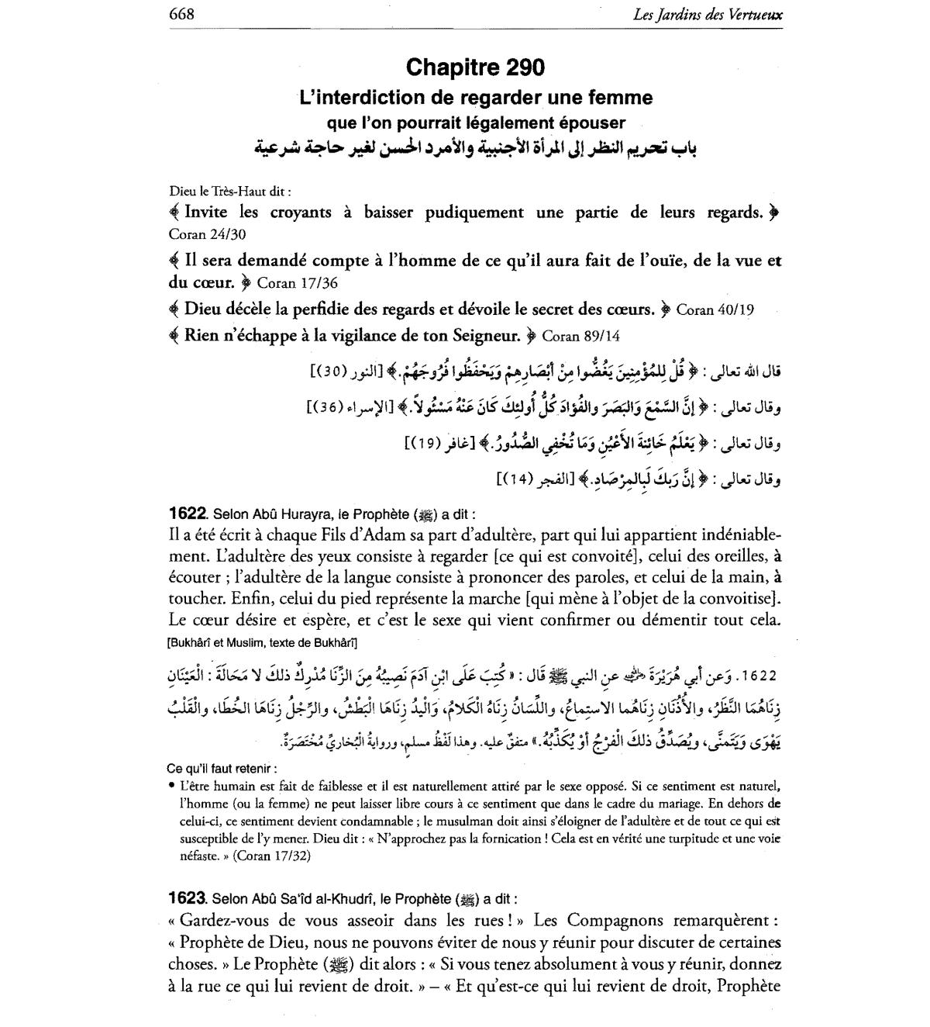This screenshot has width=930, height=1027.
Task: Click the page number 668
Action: click(181, 14)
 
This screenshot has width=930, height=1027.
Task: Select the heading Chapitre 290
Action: click(475, 67)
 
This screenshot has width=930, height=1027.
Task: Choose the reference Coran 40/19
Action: click(715, 309)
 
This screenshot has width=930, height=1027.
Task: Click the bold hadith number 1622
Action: click(187, 513)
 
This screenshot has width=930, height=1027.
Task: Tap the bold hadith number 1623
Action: click(187, 898)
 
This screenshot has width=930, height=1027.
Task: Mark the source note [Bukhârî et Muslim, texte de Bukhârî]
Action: click(261, 642)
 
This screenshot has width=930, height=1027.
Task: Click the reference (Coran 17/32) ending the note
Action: click(264, 856)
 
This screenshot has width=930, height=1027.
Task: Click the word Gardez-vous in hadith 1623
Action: click(222, 920)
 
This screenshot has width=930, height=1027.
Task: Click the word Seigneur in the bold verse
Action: click(477, 336)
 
